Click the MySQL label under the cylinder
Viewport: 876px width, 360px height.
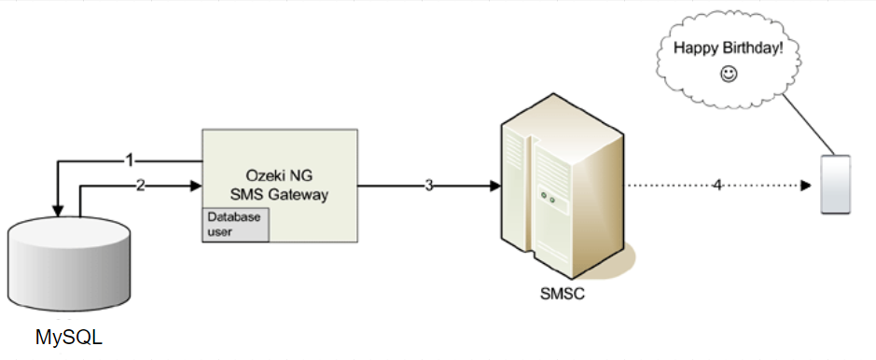point(68,337)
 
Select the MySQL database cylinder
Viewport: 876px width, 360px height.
point(68,266)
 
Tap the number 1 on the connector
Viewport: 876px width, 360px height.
point(130,160)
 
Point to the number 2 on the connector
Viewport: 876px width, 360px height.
point(140,185)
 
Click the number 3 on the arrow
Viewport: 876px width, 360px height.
point(429,185)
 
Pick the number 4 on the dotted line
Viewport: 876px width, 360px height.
point(717,185)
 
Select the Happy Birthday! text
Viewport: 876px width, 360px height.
point(728,48)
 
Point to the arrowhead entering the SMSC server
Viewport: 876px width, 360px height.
point(494,185)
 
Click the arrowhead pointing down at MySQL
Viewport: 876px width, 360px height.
point(58,210)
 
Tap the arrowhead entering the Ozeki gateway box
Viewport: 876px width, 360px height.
point(196,185)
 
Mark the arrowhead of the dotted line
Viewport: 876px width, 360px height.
point(805,185)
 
